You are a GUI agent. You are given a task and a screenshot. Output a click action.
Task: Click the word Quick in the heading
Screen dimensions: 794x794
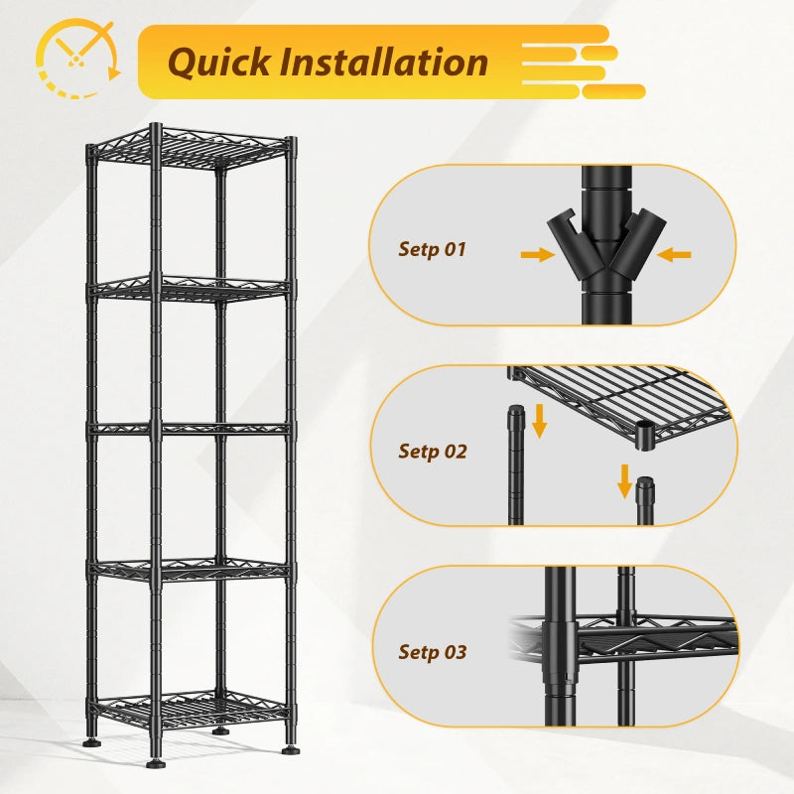pyautogui.click(x=218, y=63)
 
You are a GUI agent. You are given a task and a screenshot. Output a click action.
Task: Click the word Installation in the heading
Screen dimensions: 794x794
pyautogui.click(x=384, y=62)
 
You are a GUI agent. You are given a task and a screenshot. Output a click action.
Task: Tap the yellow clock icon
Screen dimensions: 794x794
pyautogui.click(x=78, y=59)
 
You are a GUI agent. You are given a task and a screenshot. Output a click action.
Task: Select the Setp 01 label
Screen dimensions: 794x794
pyautogui.click(x=432, y=249)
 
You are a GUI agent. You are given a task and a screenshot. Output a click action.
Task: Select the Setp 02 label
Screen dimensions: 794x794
pyautogui.click(x=433, y=452)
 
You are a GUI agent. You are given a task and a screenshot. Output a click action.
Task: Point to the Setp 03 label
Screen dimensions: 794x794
pyautogui.click(x=433, y=652)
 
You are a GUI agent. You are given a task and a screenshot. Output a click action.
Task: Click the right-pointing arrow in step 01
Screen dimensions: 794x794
pyautogui.click(x=538, y=254)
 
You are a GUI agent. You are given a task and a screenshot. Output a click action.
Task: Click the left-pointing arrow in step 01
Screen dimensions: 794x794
pyautogui.click(x=674, y=254)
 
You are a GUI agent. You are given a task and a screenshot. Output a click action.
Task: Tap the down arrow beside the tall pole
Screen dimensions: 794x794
pyautogui.click(x=540, y=421)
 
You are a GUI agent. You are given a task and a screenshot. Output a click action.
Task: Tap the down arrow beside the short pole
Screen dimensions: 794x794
pyautogui.click(x=625, y=481)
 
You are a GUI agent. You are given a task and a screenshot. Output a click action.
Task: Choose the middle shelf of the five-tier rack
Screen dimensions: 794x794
pyautogui.click(x=191, y=430)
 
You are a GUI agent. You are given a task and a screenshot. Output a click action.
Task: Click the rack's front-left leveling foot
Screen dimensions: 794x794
pyautogui.click(x=156, y=762)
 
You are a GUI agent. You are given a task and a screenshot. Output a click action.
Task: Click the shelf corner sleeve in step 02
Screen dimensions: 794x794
pyautogui.click(x=645, y=435)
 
